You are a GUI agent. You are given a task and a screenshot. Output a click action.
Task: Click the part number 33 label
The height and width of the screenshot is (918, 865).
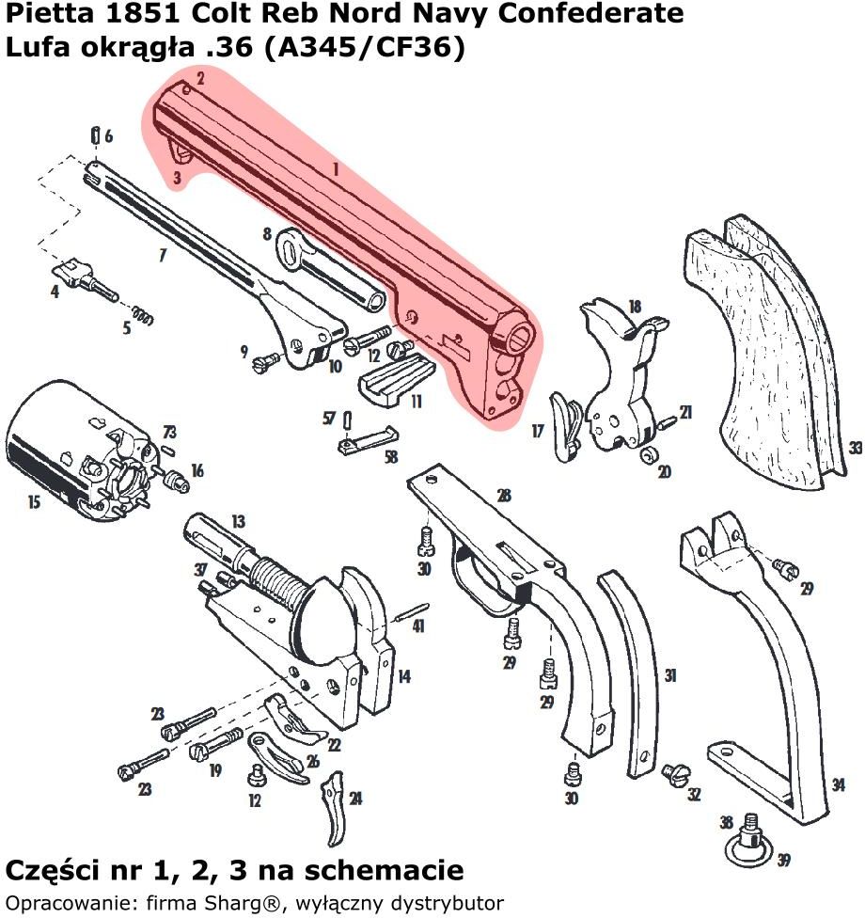coord(855,448)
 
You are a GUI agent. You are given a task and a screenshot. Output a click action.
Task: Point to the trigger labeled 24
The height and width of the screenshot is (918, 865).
coord(334,809)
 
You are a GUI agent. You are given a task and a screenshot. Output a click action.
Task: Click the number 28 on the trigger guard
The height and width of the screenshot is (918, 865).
coord(504,495)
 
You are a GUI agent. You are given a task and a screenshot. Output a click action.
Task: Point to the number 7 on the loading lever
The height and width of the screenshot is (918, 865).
coord(163,255)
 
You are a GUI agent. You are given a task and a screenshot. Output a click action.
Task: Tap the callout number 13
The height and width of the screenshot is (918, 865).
coord(238,521)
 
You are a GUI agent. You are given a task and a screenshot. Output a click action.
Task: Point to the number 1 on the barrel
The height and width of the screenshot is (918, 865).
coord(335,169)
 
